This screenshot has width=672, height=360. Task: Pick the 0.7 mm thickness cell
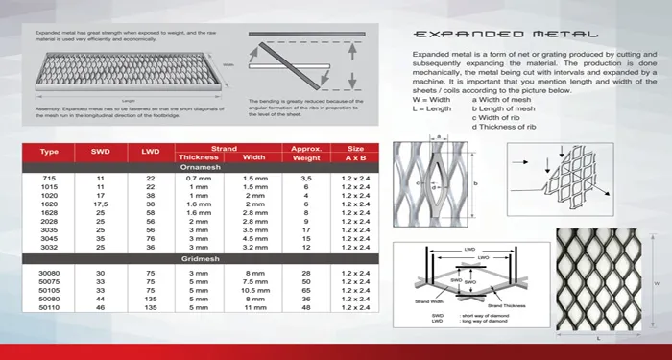(x=198, y=180)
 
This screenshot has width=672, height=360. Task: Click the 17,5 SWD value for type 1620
(x=101, y=204)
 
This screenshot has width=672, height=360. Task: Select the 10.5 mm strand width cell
(x=254, y=289)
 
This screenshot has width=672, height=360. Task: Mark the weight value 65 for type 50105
(x=304, y=289)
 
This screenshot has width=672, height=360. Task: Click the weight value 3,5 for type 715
(x=304, y=180)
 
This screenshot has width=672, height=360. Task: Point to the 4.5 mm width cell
(x=254, y=238)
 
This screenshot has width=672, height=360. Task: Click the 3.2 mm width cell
(x=254, y=247)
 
